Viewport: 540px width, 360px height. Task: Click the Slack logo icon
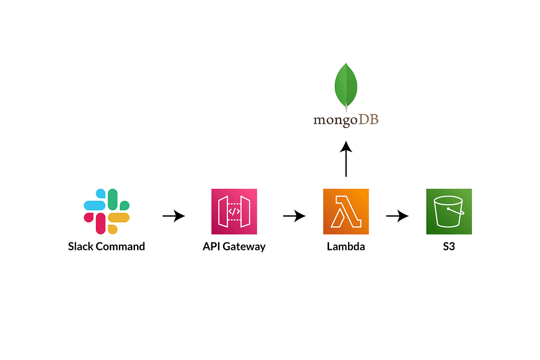[x=107, y=211]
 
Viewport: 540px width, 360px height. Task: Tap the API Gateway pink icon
[x=234, y=211]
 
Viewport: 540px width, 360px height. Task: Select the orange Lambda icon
[x=346, y=211]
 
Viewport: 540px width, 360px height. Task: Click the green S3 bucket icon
[x=449, y=211]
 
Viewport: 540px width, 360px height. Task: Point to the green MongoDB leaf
[x=346, y=85]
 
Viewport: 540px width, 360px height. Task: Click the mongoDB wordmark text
[x=346, y=120]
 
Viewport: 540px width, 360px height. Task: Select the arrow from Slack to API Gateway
[x=173, y=216]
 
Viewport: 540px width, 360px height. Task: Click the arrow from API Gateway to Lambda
[x=294, y=216]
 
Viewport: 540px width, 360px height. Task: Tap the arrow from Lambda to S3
[x=397, y=216]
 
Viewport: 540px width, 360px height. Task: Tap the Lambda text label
[x=346, y=246]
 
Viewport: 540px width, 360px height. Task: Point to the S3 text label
[x=449, y=246]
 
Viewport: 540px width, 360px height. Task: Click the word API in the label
[x=210, y=246]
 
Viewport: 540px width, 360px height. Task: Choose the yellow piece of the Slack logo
[x=119, y=218]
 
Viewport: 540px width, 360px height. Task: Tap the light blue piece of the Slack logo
[x=95, y=205]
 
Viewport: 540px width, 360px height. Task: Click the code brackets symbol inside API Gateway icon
[x=234, y=211]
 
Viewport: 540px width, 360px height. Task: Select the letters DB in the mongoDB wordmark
[x=369, y=120]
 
